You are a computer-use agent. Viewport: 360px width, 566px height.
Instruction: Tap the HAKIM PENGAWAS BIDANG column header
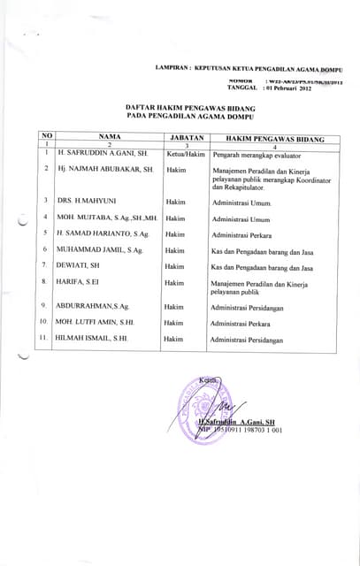[274, 139]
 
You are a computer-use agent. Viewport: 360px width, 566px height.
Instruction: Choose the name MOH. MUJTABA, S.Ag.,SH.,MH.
[106, 218]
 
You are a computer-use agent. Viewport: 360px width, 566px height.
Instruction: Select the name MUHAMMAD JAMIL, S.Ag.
[99, 250]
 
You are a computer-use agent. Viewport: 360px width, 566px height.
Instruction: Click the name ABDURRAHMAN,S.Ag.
[92, 306]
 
